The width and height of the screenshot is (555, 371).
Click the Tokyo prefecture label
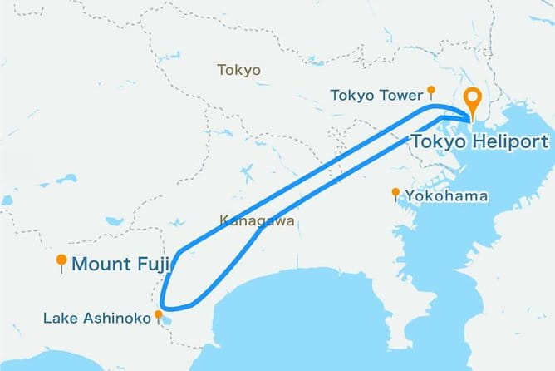[x=238, y=70]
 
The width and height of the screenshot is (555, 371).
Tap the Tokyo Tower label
[x=376, y=95]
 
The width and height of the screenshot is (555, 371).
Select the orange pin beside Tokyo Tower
[x=430, y=90]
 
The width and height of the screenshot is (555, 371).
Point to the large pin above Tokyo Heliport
[x=473, y=101]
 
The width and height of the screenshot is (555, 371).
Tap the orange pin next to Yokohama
[x=396, y=194]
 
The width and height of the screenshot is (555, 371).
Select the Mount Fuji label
[x=121, y=265]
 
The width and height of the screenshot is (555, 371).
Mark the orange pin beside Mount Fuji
[x=61, y=263]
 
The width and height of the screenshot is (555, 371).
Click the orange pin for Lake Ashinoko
[x=158, y=316]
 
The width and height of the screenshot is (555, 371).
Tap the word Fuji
[x=152, y=265]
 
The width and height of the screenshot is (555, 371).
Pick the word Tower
[x=402, y=95]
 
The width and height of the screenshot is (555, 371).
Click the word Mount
[x=102, y=265]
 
